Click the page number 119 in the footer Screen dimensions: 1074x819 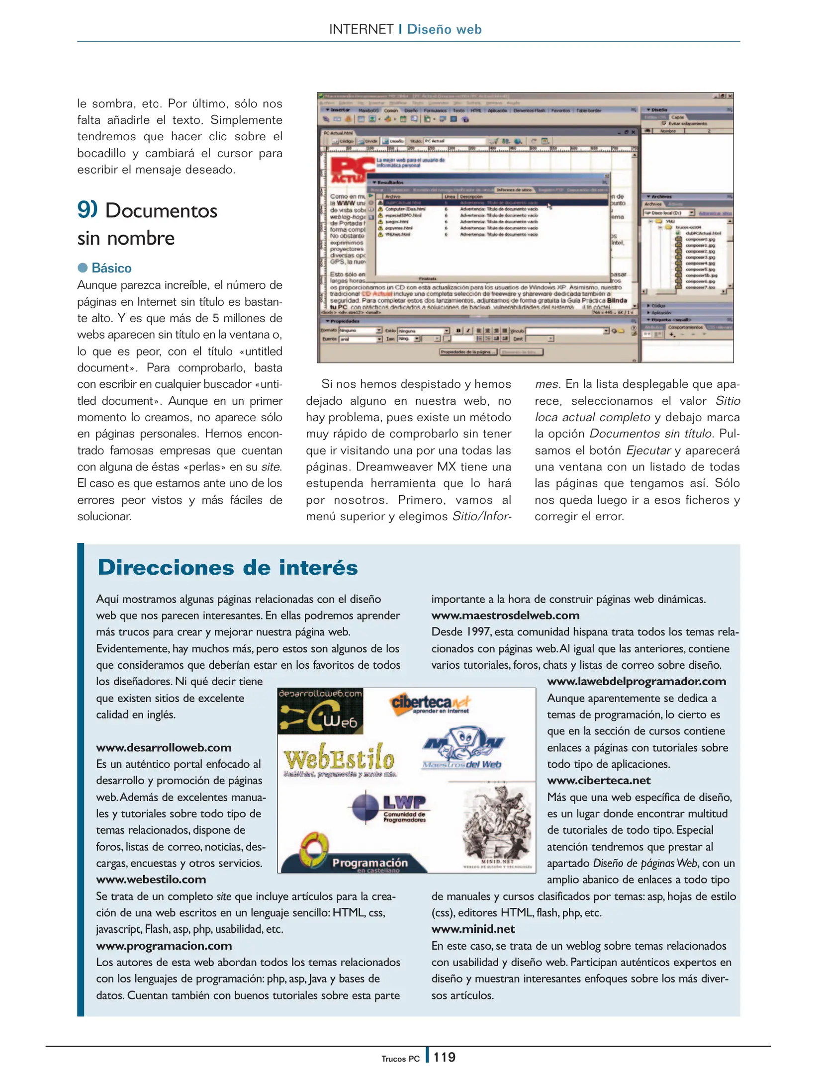[444, 1057]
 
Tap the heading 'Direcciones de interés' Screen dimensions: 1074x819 [228, 567]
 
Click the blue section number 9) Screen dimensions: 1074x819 [87, 209]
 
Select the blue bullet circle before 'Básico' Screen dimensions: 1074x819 [83, 268]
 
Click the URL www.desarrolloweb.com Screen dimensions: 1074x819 [164, 747]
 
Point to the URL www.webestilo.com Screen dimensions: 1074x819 [151, 879]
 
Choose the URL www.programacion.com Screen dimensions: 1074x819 [164, 945]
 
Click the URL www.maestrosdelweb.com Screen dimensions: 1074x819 [505, 615]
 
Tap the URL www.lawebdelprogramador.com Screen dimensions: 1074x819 [636, 681]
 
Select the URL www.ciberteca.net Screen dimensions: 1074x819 [599, 780]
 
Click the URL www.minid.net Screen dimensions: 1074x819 [473, 929]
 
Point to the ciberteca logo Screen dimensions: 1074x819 [430, 704]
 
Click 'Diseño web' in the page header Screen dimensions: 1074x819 [444, 29]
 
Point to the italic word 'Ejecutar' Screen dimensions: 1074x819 [648, 450]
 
